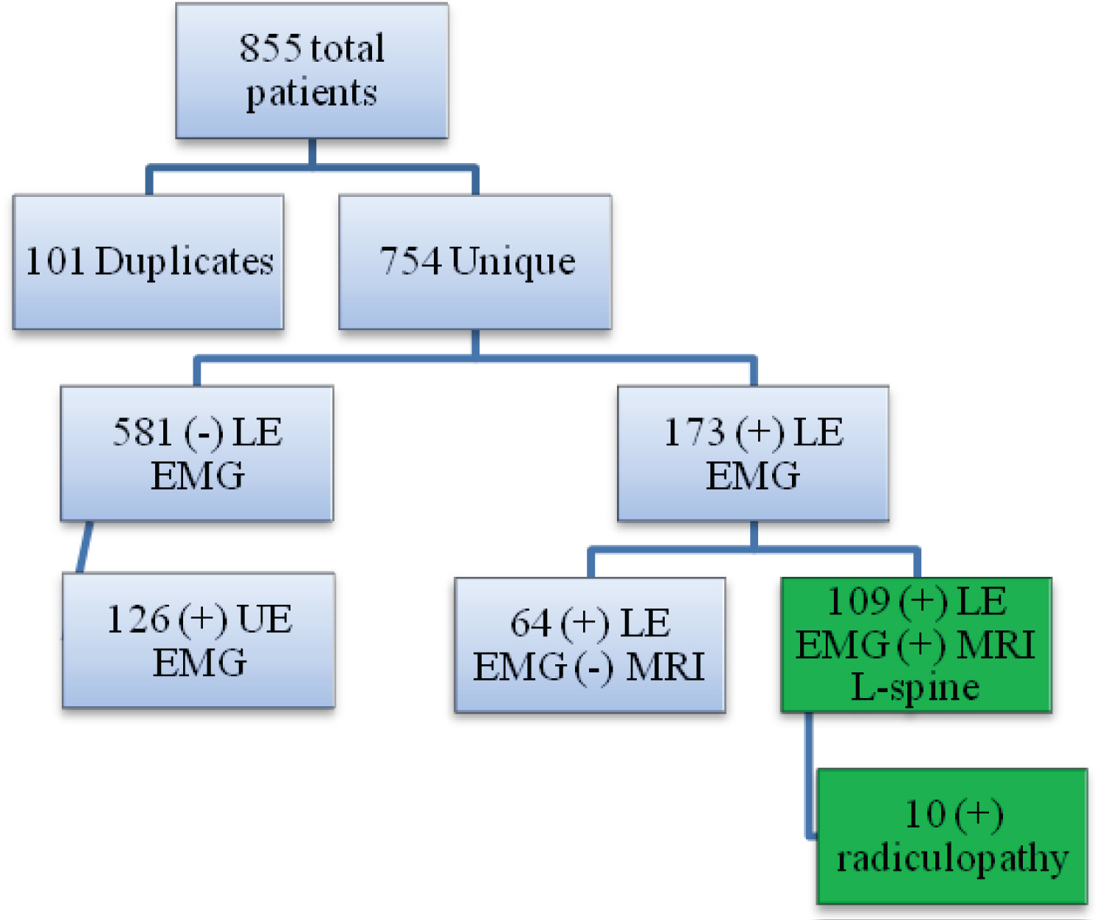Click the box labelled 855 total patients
[x=312, y=71]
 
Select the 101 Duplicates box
[x=149, y=262]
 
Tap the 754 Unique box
[x=475, y=262]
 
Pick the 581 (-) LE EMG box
[x=197, y=453]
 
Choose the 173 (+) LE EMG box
[x=753, y=453]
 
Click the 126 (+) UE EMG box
[x=199, y=640]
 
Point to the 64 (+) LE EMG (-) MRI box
[x=590, y=644]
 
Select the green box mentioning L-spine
[x=916, y=644]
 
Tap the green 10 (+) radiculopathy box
[x=952, y=835]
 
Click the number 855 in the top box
[x=270, y=48]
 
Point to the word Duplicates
[x=184, y=262]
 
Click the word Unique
[x=513, y=262]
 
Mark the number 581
[x=142, y=432]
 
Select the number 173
[x=694, y=432]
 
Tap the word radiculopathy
[x=952, y=858]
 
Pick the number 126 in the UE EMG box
[x=138, y=619]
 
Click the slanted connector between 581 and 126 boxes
[x=85, y=547]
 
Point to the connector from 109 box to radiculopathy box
[x=810, y=775]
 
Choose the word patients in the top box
[x=312, y=94]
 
